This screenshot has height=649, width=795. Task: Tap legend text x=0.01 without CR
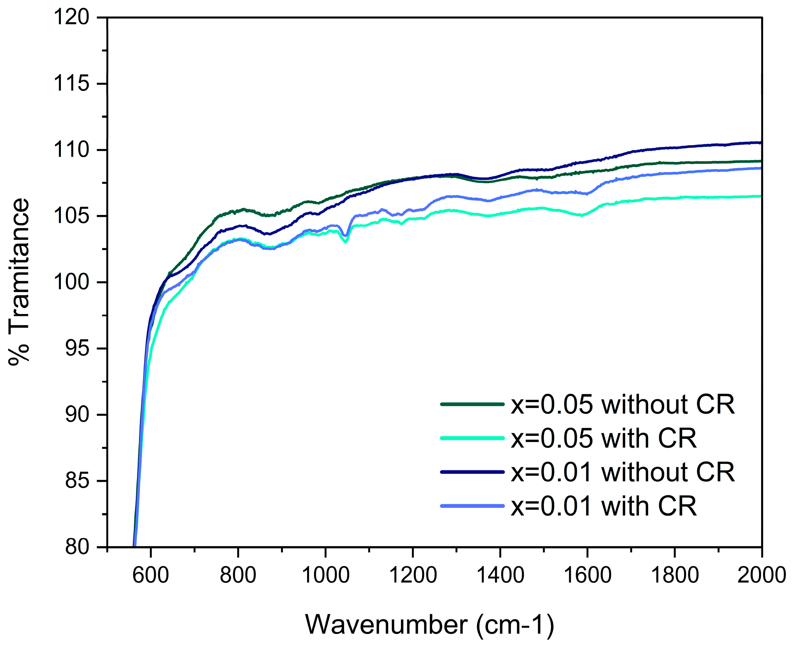pyautogui.click(x=623, y=472)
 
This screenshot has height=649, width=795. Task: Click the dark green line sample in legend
pyautogui.click(x=472, y=404)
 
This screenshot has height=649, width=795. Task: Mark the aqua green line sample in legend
pyautogui.click(x=472, y=438)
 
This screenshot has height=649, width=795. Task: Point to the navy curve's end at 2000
pyautogui.click(x=761, y=142)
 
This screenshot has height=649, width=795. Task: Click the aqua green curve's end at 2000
pyautogui.click(x=761, y=196)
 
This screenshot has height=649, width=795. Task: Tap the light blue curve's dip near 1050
pyautogui.click(x=345, y=235)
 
